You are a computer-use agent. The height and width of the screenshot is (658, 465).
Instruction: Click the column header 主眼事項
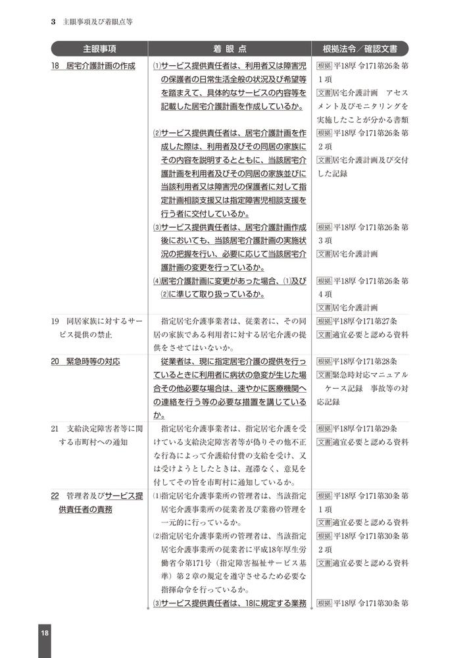pos(100,49)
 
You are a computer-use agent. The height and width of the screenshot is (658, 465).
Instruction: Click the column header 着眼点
pos(230,49)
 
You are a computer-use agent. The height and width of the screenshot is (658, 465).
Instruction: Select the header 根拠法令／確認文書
pos(362,49)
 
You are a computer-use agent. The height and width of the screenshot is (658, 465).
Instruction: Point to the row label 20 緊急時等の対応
pos(86,361)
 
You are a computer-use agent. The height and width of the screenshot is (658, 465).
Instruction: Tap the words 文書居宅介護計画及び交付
pos(362,160)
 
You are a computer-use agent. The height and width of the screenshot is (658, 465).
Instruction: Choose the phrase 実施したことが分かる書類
pos(362,119)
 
